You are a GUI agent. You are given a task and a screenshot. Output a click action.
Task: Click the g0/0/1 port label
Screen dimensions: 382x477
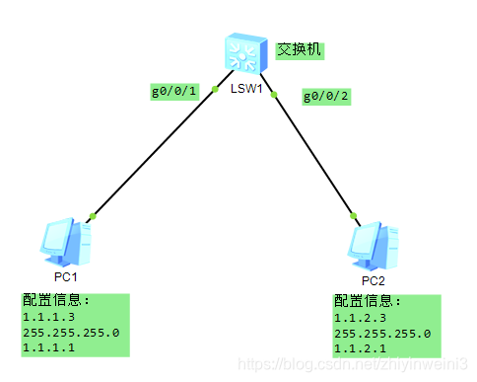click(174, 93)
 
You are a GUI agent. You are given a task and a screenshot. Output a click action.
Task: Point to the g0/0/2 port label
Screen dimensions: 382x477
click(326, 97)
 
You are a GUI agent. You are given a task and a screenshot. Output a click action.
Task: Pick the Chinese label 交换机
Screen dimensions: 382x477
click(300, 49)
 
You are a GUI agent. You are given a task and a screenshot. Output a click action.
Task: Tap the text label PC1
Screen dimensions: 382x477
click(65, 277)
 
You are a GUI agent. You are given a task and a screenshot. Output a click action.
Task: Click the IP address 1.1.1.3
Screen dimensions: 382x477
click(50, 318)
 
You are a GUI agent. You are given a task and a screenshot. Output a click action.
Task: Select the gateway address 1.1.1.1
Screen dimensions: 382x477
click(50, 347)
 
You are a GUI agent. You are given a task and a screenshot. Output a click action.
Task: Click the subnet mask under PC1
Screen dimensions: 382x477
click(70, 333)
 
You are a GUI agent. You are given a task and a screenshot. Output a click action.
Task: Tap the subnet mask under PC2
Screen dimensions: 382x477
click(382, 334)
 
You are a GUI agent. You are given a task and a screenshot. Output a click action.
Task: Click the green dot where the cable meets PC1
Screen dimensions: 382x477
click(92, 215)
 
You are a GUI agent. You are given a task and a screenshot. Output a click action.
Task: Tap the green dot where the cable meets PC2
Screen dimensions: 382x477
click(351, 213)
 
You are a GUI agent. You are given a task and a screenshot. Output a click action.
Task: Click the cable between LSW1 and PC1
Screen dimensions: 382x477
click(153, 153)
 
